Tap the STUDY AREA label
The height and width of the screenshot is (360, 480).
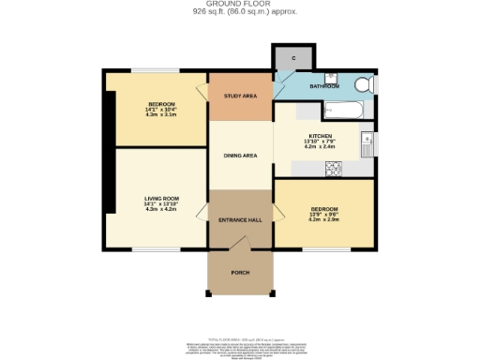240,96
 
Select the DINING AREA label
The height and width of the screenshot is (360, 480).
240,156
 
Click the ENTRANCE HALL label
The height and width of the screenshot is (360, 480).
240,219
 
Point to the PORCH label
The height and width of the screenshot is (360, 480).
240,273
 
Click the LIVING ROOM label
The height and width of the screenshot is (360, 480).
157,199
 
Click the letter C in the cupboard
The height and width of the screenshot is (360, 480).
294,58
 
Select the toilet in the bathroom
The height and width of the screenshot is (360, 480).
364,85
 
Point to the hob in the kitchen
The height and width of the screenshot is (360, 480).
333,168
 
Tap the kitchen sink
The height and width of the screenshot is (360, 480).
367,144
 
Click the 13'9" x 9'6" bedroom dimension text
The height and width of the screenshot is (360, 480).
324,217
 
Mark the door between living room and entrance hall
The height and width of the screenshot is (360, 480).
203,218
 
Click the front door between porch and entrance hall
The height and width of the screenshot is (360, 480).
240,246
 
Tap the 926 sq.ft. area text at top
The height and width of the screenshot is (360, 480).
239,13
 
